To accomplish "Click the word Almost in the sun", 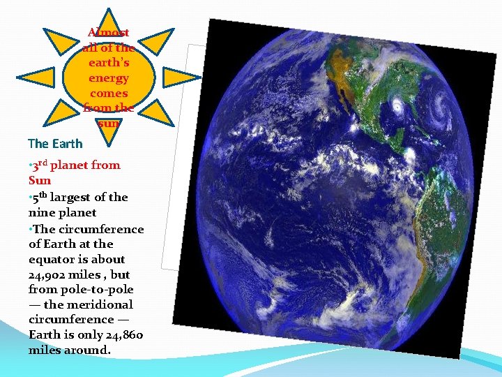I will click(109, 32).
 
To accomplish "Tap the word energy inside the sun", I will click(109, 78).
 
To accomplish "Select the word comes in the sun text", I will click(109, 93).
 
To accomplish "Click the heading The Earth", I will click(55, 144).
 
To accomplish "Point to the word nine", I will click(43, 212).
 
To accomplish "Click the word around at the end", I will click(85, 350).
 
